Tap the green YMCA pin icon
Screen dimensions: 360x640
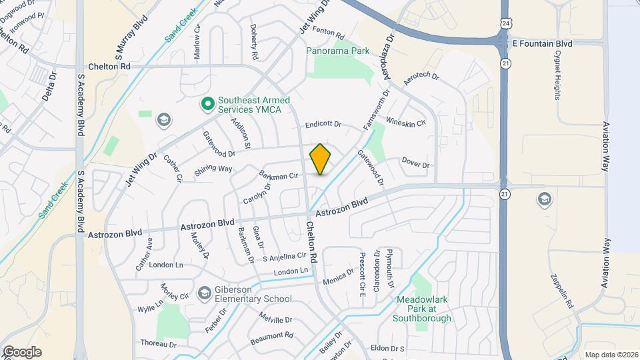coord(207,104)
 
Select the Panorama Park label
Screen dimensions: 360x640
coord(337,51)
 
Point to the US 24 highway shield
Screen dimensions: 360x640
coord(506,23)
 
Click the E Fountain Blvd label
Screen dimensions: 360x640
coord(542,43)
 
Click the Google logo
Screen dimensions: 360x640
coord(22,351)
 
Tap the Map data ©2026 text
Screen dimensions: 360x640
coord(610,354)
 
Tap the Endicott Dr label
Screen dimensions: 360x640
coord(323,125)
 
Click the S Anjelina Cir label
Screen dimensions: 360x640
coord(284,257)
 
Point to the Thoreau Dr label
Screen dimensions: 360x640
coord(158,344)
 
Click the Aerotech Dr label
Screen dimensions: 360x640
coord(421,79)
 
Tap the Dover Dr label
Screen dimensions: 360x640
coord(415,163)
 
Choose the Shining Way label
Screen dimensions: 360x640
coord(213,172)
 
